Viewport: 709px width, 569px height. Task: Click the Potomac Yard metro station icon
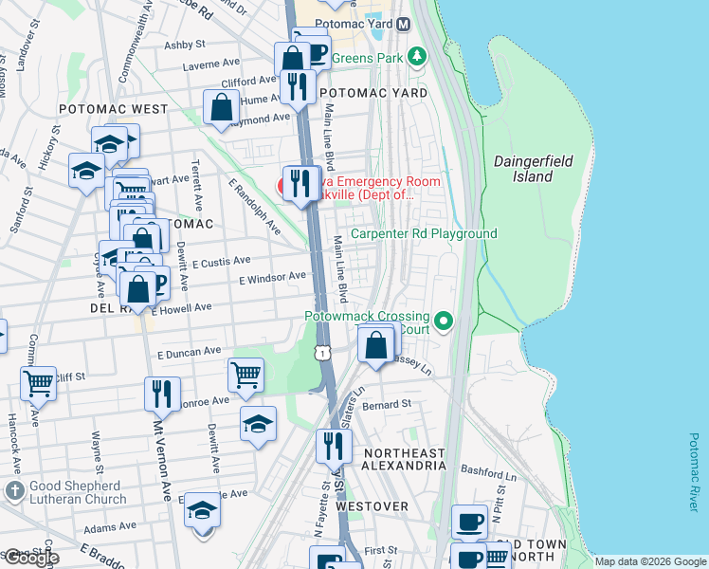pyautogui.click(x=403, y=23)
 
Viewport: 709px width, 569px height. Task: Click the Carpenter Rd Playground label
pyautogui.click(x=424, y=233)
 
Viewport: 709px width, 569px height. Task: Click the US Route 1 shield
pyautogui.click(x=323, y=353)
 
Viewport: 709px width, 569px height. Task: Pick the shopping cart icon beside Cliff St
pyautogui.click(x=39, y=382)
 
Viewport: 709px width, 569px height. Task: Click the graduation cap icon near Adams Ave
pyautogui.click(x=202, y=511)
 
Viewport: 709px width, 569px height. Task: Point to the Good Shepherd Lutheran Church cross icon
pyautogui.click(x=13, y=489)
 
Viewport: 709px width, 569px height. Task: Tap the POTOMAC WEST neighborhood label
pyautogui.click(x=113, y=110)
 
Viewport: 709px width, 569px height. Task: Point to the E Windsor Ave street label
pyautogui.click(x=272, y=278)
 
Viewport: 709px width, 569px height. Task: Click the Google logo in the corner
pyautogui.click(x=30, y=558)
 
